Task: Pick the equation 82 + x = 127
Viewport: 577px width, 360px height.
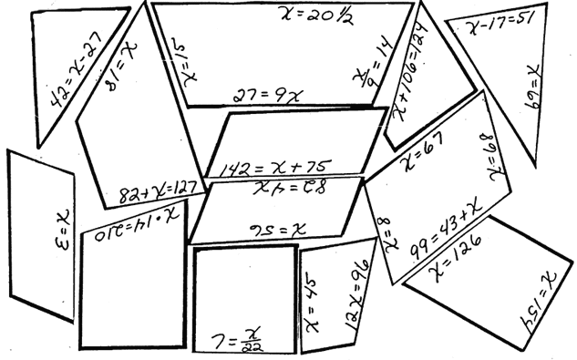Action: point(157,193)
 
